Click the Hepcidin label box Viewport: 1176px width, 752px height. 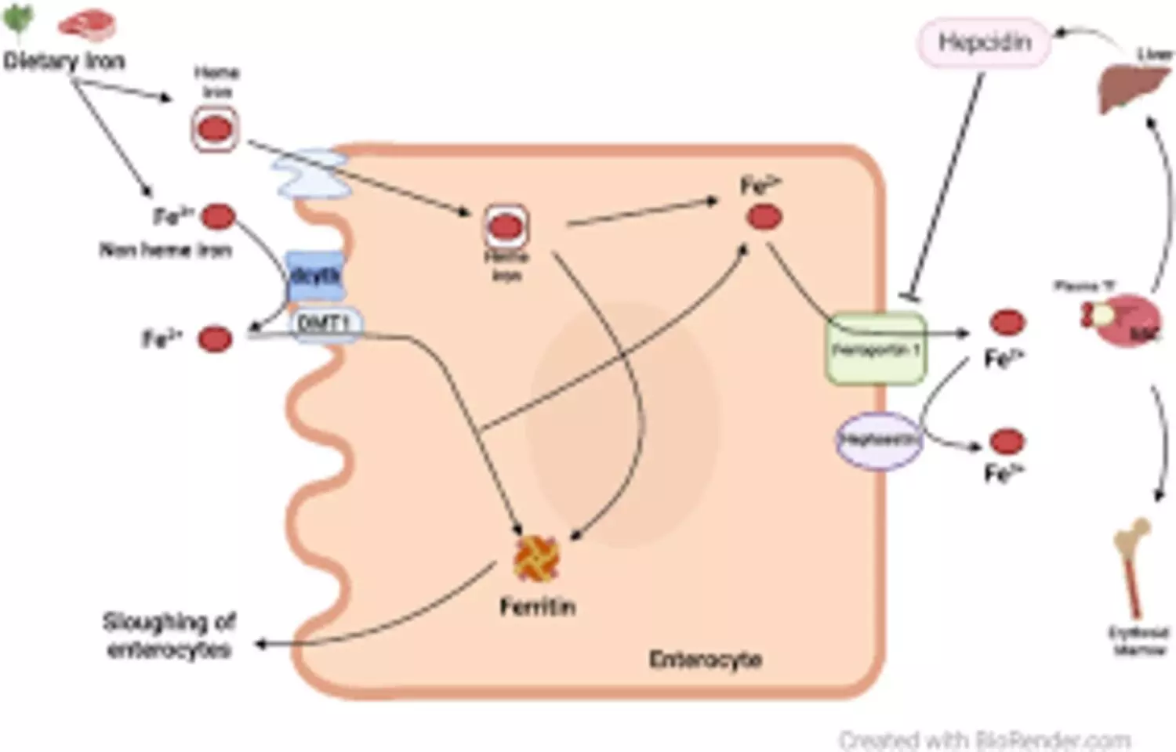984,43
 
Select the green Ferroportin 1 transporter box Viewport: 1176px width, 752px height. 876,349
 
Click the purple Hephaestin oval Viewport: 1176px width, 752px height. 877,440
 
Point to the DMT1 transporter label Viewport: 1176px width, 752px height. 323,323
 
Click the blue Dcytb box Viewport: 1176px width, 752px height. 315,276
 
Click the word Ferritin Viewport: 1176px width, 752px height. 538,606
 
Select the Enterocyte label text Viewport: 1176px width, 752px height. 705,660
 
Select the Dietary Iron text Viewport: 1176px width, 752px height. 64,61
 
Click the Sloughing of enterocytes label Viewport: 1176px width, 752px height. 169,635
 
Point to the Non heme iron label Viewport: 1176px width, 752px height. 165,250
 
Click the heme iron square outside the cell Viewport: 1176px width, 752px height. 215,128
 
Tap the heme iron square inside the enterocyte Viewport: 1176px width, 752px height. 506,227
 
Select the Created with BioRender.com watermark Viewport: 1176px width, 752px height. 984,739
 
